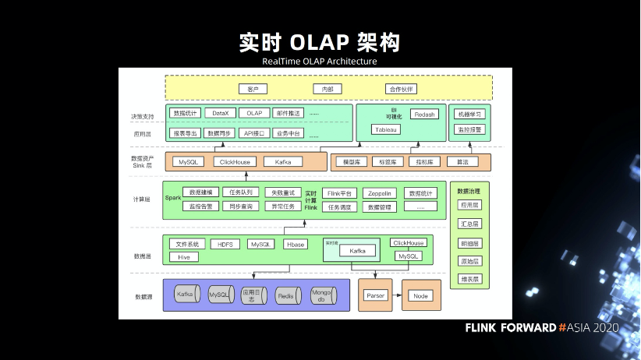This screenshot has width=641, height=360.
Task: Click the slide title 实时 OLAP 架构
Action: pyautogui.click(x=320, y=41)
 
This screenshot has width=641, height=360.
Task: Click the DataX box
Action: pyautogui.click(x=221, y=113)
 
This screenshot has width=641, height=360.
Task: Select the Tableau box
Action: pyautogui.click(x=385, y=129)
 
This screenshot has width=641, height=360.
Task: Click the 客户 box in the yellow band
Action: pyautogui.click(x=252, y=89)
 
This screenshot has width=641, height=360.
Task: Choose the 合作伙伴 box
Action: pyautogui.click(x=402, y=89)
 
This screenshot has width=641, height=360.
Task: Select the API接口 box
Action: pyautogui.click(x=255, y=133)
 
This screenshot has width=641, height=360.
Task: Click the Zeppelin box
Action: pyautogui.click(x=379, y=193)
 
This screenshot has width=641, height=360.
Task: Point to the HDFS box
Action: pyautogui.click(x=225, y=244)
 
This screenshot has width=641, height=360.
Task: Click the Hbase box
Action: pyautogui.click(x=295, y=244)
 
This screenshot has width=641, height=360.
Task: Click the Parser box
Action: pyautogui.click(x=376, y=296)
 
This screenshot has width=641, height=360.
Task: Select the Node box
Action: pyautogui.click(x=421, y=296)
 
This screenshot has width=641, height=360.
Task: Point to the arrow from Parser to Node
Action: pyautogui.click(x=398, y=296)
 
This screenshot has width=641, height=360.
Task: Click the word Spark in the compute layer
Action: pyautogui.click(x=172, y=198)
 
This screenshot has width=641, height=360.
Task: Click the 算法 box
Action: pyautogui.click(x=462, y=162)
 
